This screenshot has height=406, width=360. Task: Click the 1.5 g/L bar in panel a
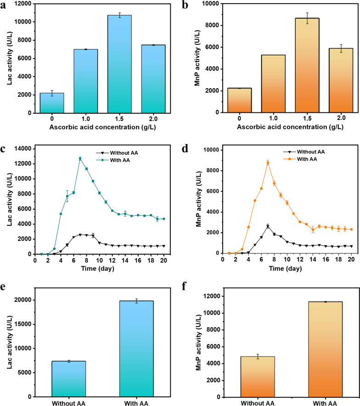pyautogui.click(x=119, y=64)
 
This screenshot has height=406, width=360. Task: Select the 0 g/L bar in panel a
pyautogui.click(x=52, y=103)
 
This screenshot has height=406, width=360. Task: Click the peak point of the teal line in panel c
pyautogui.click(x=80, y=159)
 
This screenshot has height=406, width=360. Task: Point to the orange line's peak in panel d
pyautogui.click(x=268, y=163)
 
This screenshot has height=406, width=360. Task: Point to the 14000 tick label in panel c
pyautogui.click(x=21, y=149)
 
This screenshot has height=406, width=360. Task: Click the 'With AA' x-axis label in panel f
pyautogui.click(x=325, y=404)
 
